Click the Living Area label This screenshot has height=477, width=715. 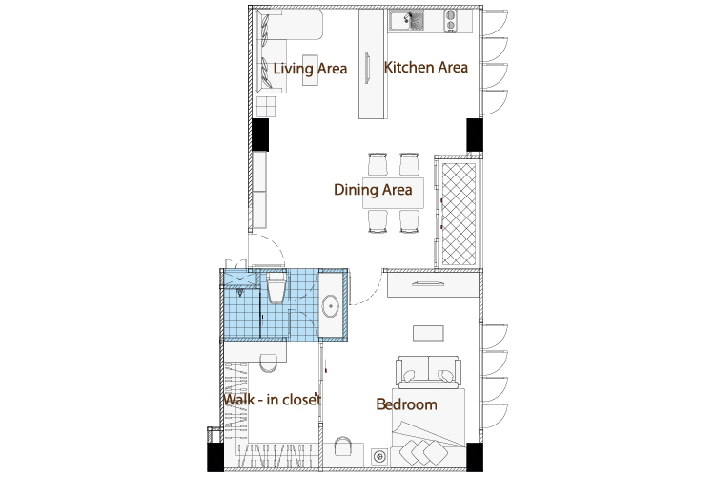click(310, 69)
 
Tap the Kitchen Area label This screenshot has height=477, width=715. click(426, 68)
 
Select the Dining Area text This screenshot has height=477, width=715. click(373, 190)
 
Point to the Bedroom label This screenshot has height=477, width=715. click(406, 404)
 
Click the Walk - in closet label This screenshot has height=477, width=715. click(273, 400)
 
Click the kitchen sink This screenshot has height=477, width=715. click(406, 21)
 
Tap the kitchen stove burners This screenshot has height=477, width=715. click(451, 21)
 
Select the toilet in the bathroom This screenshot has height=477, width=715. click(276, 287)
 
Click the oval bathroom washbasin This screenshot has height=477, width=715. click(330, 306)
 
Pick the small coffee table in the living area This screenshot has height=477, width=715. click(310, 70)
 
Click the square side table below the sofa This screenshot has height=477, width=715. click(266, 106)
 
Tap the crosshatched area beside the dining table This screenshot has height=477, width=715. click(459, 214)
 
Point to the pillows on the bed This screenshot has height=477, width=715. click(423, 452)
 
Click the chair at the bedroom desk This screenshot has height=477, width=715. click(343, 446)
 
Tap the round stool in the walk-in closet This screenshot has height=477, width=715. click(268, 363)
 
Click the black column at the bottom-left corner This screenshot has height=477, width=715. click(215, 457)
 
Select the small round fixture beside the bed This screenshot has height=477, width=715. click(379, 456)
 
